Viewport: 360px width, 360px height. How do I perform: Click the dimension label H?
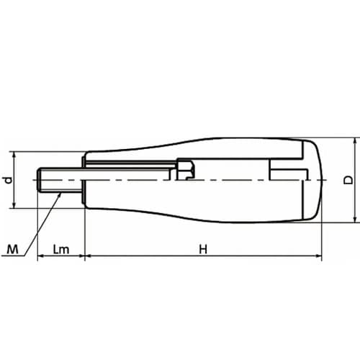coord(203,249)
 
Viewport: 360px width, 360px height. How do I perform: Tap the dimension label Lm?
coord(61,249)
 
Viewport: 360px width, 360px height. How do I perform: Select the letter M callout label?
coord(12,249)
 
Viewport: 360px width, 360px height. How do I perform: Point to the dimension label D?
coord(348,180)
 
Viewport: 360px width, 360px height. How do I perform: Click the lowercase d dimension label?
coord(9,180)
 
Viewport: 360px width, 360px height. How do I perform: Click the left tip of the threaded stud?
coord(37,180)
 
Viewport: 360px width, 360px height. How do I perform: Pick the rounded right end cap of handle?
coord(312,180)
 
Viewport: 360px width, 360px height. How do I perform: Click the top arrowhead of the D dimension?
coord(355,141)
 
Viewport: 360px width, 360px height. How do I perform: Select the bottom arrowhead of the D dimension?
coord(355,219)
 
